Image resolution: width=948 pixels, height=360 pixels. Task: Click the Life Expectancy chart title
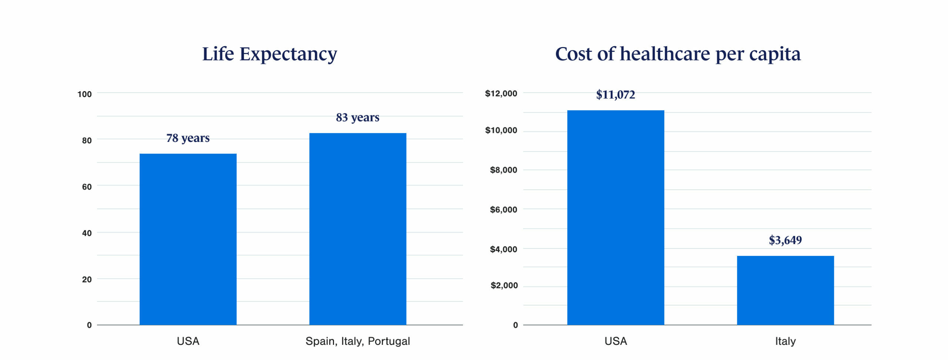click(270, 54)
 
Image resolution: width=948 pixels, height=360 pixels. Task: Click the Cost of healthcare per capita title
click(678, 54)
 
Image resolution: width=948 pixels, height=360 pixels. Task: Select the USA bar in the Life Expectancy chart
click(188, 239)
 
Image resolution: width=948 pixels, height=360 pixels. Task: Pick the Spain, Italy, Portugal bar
click(358, 229)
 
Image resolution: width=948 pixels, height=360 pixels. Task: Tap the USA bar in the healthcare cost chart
click(615, 217)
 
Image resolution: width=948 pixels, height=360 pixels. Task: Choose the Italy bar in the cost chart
click(785, 290)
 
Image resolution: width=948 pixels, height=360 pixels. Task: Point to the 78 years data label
click(188, 138)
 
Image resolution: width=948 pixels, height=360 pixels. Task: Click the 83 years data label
click(358, 117)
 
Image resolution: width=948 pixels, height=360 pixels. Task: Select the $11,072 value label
click(615, 95)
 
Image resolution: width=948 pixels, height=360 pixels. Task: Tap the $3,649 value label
click(785, 240)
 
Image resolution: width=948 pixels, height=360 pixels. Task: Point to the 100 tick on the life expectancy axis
click(84, 94)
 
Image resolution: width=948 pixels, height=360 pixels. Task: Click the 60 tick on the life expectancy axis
click(87, 187)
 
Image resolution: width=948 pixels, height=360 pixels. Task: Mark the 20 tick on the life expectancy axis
click(87, 279)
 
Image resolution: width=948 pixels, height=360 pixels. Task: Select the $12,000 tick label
click(501, 93)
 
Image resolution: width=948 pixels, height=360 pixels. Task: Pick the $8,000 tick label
click(503, 170)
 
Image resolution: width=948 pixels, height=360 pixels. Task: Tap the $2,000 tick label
click(504, 285)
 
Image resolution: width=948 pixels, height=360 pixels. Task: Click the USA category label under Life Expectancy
click(188, 341)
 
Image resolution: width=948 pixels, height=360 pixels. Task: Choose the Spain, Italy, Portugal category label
click(358, 341)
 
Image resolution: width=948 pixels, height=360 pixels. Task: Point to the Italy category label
click(785, 341)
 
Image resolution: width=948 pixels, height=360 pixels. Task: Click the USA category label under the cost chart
click(615, 341)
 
